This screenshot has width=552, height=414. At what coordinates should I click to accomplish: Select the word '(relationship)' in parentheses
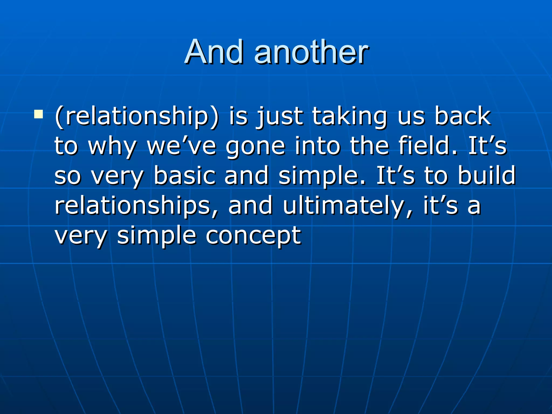pos(137,116)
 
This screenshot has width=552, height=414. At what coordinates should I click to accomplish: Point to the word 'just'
pos(280,116)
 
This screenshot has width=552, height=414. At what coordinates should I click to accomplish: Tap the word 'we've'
pos(181,146)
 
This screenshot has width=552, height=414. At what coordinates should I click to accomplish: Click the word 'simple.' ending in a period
pos(322,176)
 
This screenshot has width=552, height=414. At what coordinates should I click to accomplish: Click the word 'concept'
pos(253,236)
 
